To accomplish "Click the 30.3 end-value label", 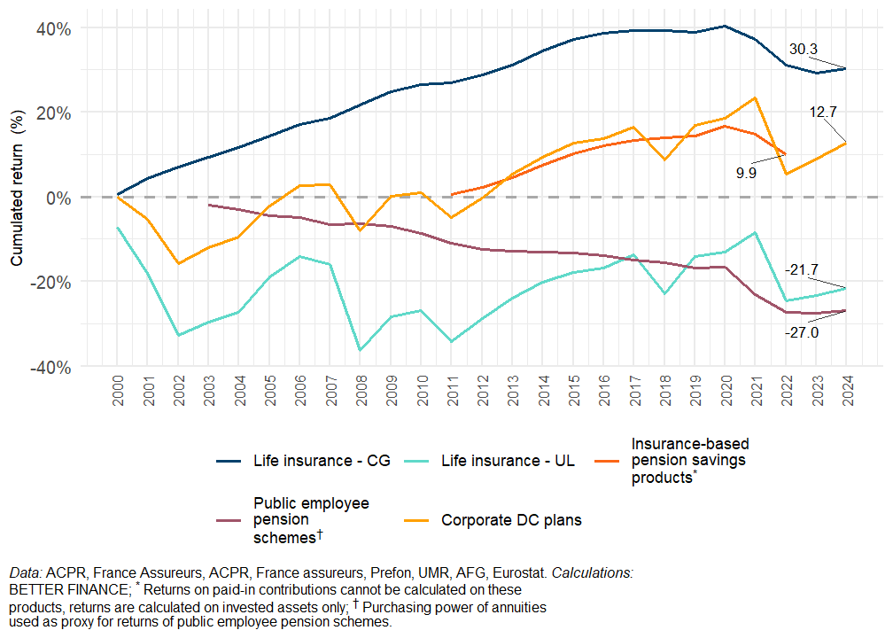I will coord(803,50).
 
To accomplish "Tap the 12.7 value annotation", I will coord(823,112).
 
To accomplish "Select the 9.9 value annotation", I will coord(746,174).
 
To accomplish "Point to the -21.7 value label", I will coord(802,268).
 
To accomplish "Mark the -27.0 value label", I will coord(801,332).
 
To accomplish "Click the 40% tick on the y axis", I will coord(53,28).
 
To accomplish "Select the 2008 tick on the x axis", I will coord(361,392).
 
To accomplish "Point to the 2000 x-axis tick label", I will coord(119,392).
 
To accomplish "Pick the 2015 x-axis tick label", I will coord(573,392).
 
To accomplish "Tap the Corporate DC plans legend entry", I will coord(511,520).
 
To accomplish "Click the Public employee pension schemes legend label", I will coord(310,520).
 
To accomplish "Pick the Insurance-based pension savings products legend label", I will coord(688,461).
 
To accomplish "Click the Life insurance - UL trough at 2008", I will coord(361,350).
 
